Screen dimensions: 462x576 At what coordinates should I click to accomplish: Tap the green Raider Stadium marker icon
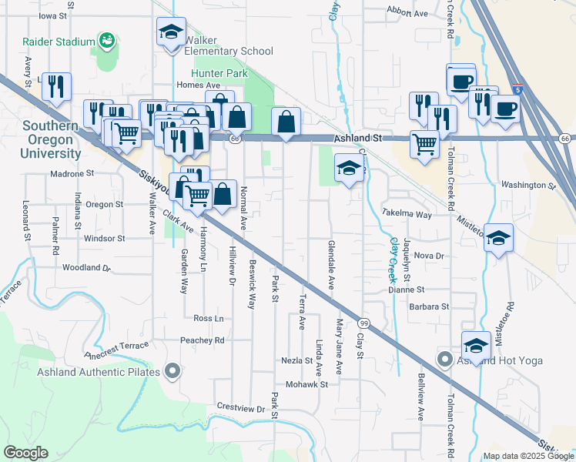pyautogui.click(x=107, y=39)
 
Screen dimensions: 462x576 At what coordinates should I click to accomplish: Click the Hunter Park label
pyautogui.click(x=219, y=72)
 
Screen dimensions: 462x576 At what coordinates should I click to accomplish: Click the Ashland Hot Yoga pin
pyautogui.click(x=444, y=360)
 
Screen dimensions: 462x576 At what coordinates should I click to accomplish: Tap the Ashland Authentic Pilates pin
pyautogui.click(x=172, y=373)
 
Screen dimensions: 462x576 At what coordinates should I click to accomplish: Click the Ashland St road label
pyautogui.click(x=358, y=138)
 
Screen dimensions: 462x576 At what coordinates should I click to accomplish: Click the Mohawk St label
pyautogui.click(x=306, y=383)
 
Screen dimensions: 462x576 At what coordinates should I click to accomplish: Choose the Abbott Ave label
pyautogui.click(x=408, y=14)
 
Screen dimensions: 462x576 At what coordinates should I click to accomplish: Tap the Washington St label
pyautogui.click(x=527, y=186)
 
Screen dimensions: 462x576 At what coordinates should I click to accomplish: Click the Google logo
pyautogui.click(x=26, y=453)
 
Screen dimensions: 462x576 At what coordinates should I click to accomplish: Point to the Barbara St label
pyautogui.click(x=429, y=306)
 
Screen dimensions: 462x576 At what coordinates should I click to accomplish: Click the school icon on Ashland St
pyautogui.click(x=348, y=169)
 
